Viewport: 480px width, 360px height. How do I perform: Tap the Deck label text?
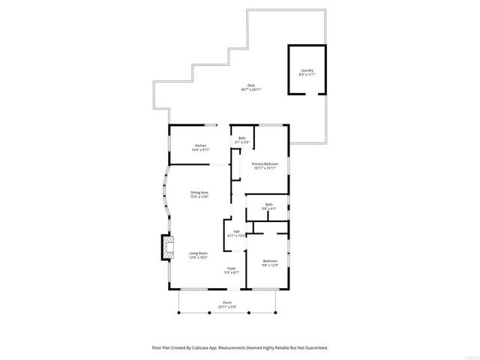coord(250,85)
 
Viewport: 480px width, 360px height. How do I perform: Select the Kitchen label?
coord(200,145)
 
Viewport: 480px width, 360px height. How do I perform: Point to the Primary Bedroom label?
coord(264,163)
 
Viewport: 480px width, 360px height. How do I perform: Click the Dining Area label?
coord(199,193)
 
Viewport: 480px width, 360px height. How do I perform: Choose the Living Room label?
coord(198,253)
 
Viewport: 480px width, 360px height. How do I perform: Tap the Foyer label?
coord(232,268)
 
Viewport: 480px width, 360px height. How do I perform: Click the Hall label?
coord(236,231)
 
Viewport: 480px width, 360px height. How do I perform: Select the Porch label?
coord(227,303)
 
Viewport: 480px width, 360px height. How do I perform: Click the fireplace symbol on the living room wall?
coord(166,248)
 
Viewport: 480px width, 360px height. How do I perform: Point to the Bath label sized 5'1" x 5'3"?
coord(242,138)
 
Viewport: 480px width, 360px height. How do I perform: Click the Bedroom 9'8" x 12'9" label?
coord(269,261)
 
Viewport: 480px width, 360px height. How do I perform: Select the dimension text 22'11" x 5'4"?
coord(227,307)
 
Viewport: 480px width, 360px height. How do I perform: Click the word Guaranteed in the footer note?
coord(313,348)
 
